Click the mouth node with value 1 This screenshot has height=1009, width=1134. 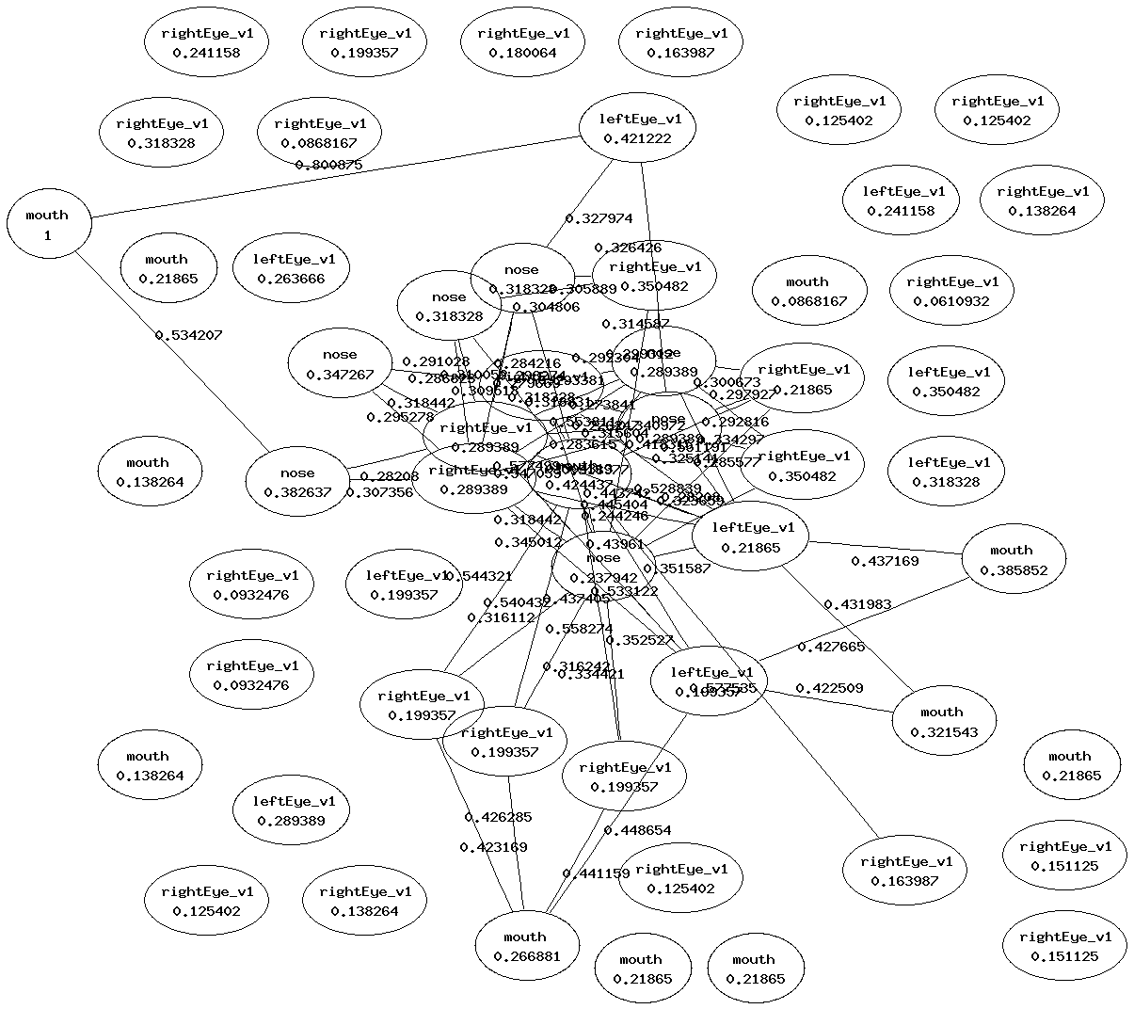(48, 225)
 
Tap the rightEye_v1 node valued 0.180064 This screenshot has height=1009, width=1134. (522, 43)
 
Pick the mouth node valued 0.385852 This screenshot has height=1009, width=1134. (1013, 560)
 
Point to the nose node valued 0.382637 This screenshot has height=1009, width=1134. (298, 482)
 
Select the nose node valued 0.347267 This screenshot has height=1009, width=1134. (340, 364)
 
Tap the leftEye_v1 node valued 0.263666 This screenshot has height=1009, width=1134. (301, 268)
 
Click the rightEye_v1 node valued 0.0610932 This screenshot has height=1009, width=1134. (952, 291)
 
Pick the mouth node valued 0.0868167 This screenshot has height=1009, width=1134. (808, 291)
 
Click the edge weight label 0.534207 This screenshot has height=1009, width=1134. (188, 334)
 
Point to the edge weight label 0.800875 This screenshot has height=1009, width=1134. (328, 165)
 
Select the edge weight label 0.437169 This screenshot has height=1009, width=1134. (885, 561)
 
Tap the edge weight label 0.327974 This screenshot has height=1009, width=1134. (599, 218)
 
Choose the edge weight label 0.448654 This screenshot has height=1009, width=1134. (637, 830)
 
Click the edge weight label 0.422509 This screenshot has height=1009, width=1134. (829, 688)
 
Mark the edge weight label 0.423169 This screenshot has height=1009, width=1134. (493, 847)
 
